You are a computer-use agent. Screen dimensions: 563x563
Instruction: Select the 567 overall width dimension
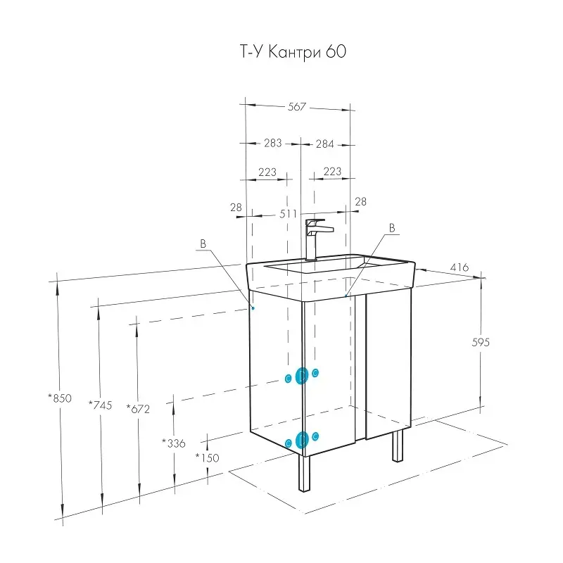[x=297, y=107]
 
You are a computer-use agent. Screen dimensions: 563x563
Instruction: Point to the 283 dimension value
[x=272, y=144]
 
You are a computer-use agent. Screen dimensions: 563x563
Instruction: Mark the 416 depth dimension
[x=459, y=268]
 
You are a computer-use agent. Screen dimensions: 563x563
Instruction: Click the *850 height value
[x=60, y=398]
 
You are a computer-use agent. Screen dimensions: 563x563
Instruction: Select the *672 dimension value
[x=138, y=407]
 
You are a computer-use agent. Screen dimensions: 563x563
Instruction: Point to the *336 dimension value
[x=173, y=443]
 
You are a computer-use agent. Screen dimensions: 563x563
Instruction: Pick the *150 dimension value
[x=208, y=457]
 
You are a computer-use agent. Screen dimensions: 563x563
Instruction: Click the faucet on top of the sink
[x=314, y=238]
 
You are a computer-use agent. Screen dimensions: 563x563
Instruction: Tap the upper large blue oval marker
[x=302, y=377]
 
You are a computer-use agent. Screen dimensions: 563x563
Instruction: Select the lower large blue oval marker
[x=302, y=441]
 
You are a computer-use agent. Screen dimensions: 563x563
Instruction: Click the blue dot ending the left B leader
[x=253, y=308]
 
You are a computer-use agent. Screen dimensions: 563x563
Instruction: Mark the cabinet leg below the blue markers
[x=303, y=474]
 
